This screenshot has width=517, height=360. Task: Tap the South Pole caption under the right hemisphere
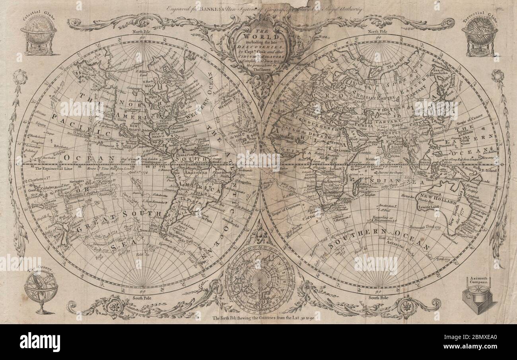pyautogui.click(x=378, y=298)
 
